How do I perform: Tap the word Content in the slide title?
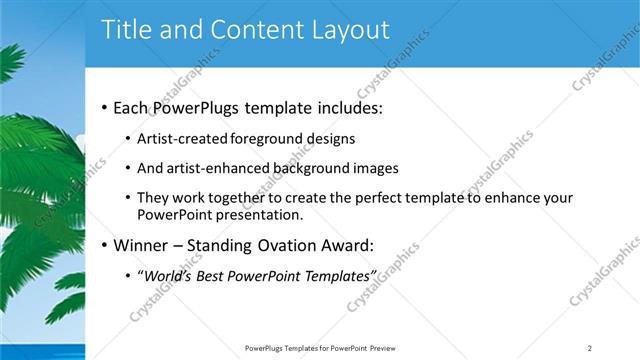tap(254, 30)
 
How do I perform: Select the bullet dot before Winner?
tap(104, 245)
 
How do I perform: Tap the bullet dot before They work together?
tap(127, 198)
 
